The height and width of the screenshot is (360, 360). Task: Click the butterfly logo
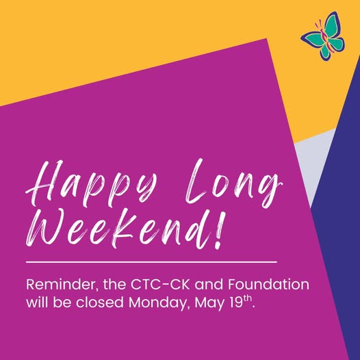pos(323,36)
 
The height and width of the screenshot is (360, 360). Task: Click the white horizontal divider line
pos(151,261)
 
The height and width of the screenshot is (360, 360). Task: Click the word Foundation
pos(268,285)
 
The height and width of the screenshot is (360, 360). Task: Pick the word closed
pos(100,302)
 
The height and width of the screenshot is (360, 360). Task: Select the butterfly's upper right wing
pos(332,24)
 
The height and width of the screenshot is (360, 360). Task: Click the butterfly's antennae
pos(319,24)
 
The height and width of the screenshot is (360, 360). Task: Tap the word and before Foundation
pos(209,285)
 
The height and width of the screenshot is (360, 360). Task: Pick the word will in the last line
pos(38,302)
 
